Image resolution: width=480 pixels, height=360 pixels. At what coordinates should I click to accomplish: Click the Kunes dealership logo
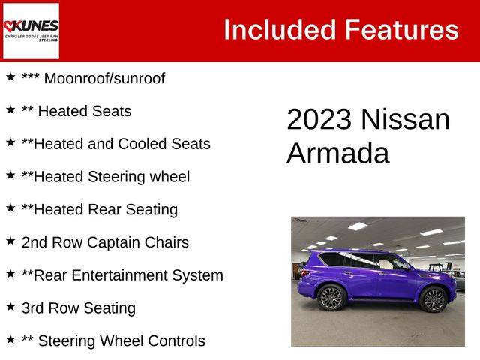tap(31, 31)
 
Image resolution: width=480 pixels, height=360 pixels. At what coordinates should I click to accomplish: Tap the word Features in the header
tap(402, 30)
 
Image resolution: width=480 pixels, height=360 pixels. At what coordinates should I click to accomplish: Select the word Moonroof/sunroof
tap(105, 78)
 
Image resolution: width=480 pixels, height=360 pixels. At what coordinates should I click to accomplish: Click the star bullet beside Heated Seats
tap(10, 109)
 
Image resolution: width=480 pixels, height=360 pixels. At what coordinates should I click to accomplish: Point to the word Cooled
tap(142, 144)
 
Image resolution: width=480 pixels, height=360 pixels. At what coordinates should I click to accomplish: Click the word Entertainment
tap(120, 275)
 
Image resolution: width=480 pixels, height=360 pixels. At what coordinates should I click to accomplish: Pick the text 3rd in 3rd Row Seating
tap(33, 308)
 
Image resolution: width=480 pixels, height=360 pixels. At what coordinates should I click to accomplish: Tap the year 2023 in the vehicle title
tap(319, 119)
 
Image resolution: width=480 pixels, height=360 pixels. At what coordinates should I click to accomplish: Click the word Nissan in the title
tap(406, 119)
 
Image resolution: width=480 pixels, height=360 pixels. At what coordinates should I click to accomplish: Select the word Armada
tap(338, 153)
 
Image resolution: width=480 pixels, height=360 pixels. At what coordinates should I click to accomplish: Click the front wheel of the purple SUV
tap(433, 300)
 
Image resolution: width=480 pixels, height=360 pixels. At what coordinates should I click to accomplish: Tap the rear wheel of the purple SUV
tap(331, 297)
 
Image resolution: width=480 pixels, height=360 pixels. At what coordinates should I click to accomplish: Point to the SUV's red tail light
tap(304, 273)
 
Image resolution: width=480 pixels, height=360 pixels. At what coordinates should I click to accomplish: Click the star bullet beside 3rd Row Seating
tap(10, 307)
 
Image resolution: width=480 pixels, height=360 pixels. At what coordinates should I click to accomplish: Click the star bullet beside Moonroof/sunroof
tap(10, 76)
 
